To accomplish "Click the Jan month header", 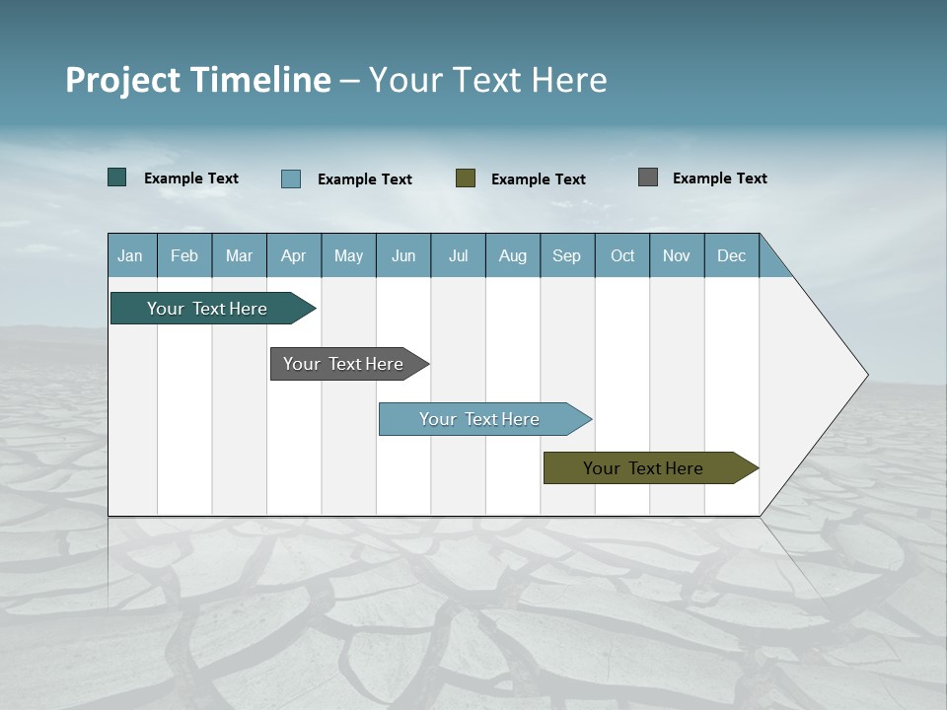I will (x=131, y=255).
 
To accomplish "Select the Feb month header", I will (x=184, y=255).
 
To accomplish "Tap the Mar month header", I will (x=239, y=255).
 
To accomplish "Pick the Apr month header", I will (x=294, y=255).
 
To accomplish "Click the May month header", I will (x=348, y=255).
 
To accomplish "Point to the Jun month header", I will (x=403, y=255).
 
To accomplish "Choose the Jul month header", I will (x=458, y=255).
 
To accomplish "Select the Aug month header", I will (x=513, y=255).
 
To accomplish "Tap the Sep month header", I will (x=567, y=255).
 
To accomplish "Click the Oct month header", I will (x=622, y=255).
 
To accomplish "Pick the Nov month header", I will (x=677, y=255).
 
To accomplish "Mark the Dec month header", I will (x=732, y=255).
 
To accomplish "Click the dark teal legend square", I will (x=117, y=177).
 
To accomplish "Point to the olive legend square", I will (x=466, y=177).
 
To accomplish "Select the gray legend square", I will (x=648, y=177).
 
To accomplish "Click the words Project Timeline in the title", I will (x=198, y=80).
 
